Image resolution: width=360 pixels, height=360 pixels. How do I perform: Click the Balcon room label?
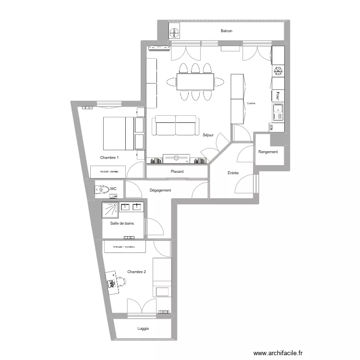tap(227, 31)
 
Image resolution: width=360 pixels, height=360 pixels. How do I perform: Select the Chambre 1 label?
tap(109, 157)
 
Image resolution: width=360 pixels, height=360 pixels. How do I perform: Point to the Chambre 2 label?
tap(136, 272)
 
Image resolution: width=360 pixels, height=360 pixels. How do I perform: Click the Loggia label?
tap(143, 329)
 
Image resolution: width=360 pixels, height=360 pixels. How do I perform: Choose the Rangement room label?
tap(268, 152)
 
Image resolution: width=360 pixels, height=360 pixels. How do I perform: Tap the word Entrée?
tap(233, 173)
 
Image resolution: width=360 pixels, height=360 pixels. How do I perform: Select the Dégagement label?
tap(160, 191)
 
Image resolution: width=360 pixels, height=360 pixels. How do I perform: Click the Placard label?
tap(177, 171)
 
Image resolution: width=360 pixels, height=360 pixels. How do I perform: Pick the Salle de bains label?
tap(122, 223)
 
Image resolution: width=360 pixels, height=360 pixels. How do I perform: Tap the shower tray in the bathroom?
tap(110, 210)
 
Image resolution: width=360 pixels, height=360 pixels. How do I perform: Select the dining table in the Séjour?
tap(195, 82)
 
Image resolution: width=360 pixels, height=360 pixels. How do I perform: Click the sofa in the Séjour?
tap(175, 126)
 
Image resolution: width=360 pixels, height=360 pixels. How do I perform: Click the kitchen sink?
tap(278, 112)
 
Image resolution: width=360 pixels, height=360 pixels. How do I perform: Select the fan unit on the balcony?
tap(174, 33)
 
